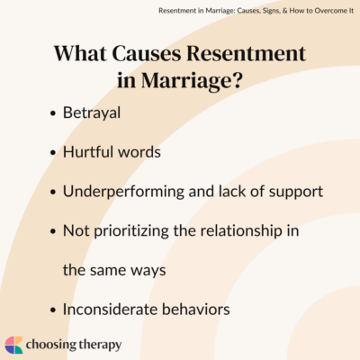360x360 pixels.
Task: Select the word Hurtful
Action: (x=88, y=152)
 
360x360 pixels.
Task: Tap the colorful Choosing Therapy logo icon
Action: (x=15, y=343)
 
